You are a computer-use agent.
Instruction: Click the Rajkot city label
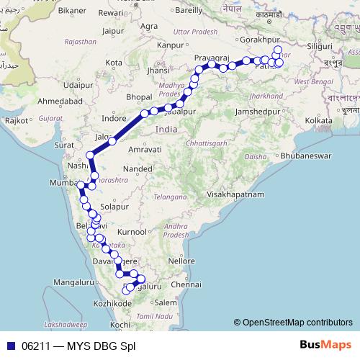pos(16,121)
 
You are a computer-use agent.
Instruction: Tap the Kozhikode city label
pos(112,304)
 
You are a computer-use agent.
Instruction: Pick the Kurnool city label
pos(132,232)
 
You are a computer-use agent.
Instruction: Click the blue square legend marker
pos(11,345)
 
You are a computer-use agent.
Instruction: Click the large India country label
pos(166,128)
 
